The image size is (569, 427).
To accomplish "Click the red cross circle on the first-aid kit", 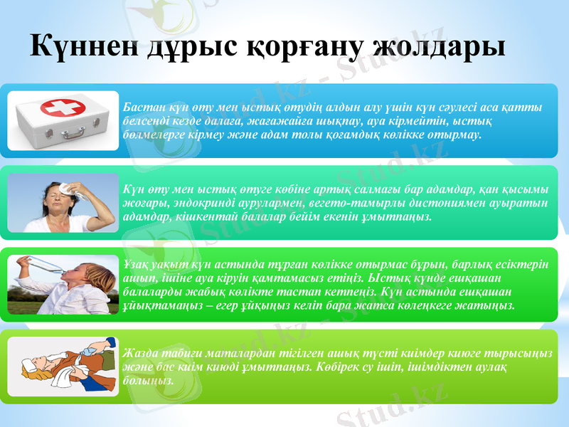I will pos(63,108).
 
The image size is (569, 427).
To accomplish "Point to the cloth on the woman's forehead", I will pos(68,188).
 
